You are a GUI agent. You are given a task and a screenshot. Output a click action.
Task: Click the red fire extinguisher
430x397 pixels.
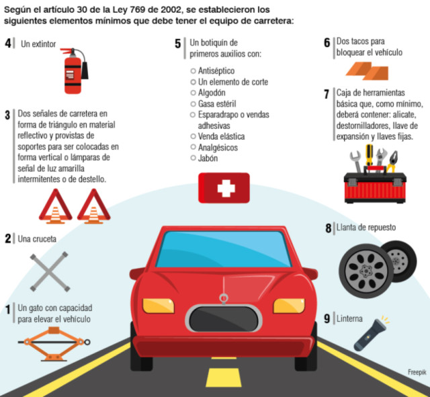(x=73, y=71)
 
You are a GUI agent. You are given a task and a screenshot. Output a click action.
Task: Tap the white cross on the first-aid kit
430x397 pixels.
(x=226, y=188)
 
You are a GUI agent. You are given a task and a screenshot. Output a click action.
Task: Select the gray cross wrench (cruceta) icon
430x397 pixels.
(x=50, y=271)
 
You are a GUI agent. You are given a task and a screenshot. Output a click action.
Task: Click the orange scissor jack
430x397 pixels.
(x=54, y=343)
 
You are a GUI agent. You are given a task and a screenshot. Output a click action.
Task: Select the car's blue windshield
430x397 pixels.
(x=224, y=249)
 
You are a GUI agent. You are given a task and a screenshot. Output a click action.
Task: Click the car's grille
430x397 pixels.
(x=224, y=318)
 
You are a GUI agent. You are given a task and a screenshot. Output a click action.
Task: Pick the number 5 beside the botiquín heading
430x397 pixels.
(x=177, y=44)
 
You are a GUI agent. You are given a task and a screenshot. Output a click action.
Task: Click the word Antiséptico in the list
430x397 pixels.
(x=216, y=71)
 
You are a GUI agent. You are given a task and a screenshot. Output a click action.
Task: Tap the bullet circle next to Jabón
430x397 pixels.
(x=193, y=158)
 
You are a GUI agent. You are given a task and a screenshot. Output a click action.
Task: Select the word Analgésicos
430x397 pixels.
(x=218, y=148)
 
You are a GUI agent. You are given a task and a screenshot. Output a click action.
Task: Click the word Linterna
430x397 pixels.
(x=349, y=318)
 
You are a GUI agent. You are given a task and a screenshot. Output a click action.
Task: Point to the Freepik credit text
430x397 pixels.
(x=417, y=372)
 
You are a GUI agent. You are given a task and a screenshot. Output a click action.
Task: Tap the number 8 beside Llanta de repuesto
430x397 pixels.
(x=329, y=228)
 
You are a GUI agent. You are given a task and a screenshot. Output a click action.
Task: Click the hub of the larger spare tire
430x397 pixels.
(x=365, y=271)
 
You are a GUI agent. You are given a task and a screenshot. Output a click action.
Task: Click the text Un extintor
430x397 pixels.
(x=38, y=44)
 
